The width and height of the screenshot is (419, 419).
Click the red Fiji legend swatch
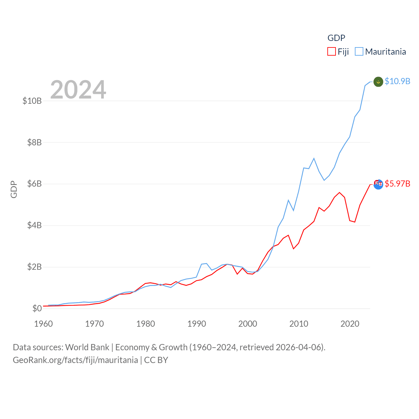pyautogui.click(x=332, y=52)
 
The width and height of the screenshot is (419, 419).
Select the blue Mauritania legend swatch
pyautogui.click(x=359, y=52)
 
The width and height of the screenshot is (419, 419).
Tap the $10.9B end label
pyautogui.click(x=397, y=81)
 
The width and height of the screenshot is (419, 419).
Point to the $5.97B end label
pyautogui.click(x=397, y=184)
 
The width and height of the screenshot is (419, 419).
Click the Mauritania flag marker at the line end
pyautogui.click(x=378, y=82)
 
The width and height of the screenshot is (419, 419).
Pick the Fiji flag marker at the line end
pyautogui.click(x=378, y=184)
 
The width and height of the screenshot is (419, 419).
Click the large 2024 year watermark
pyautogui.click(x=78, y=90)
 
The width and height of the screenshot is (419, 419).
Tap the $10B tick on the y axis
pyautogui.click(x=32, y=101)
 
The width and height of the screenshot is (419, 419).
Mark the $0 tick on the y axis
pyautogui.click(x=37, y=308)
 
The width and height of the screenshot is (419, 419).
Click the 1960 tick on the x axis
pyautogui.click(x=44, y=324)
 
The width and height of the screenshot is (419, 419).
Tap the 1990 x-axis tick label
pyautogui.click(x=196, y=324)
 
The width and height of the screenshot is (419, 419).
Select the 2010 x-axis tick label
pyautogui.click(x=299, y=324)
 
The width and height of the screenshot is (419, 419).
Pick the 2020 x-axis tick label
pyautogui.click(x=350, y=324)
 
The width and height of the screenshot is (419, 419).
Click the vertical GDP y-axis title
pyautogui.click(x=14, y=189)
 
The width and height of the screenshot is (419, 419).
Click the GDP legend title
pyautogui.click(x=336, y=38)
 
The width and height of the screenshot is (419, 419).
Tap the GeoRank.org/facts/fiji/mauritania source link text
pyautogui.click(x=75, y=360)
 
